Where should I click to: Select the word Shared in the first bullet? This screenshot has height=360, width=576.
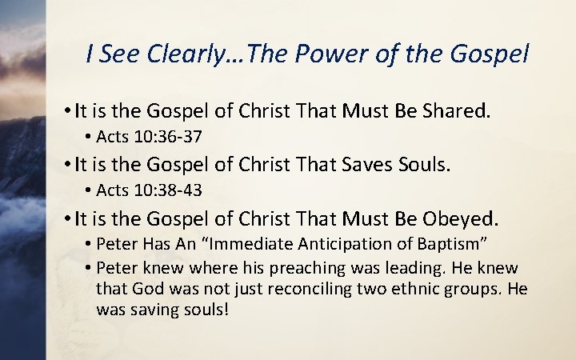coord(450,112)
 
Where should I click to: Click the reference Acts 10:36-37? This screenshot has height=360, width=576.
coord(148,137)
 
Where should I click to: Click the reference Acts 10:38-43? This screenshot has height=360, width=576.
coord(148,190)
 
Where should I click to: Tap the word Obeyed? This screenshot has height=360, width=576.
coord(458,218)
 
